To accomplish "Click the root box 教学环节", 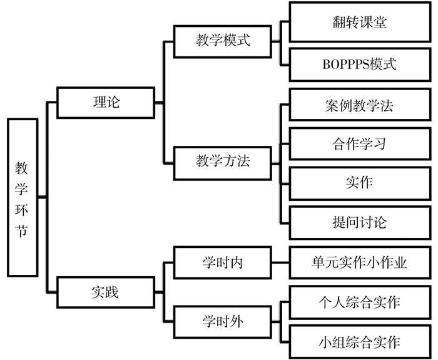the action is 23,198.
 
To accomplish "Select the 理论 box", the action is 106,103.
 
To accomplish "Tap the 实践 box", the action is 106,292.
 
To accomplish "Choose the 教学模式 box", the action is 223,42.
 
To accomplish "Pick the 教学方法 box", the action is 223,163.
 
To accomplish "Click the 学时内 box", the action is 223,262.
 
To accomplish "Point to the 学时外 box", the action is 223,322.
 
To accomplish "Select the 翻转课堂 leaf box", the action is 360,22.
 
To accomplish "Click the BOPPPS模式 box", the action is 360,64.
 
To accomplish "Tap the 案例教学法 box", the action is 360,105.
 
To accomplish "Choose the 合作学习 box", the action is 360,144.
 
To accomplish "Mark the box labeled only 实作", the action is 360,183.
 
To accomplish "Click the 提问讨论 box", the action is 360,223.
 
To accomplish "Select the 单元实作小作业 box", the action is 360,262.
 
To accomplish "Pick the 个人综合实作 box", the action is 360,302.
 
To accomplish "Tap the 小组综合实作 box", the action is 360,342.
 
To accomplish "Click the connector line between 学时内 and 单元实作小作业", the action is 280,262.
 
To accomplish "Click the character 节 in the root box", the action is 22,231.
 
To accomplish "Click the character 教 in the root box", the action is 22,168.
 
